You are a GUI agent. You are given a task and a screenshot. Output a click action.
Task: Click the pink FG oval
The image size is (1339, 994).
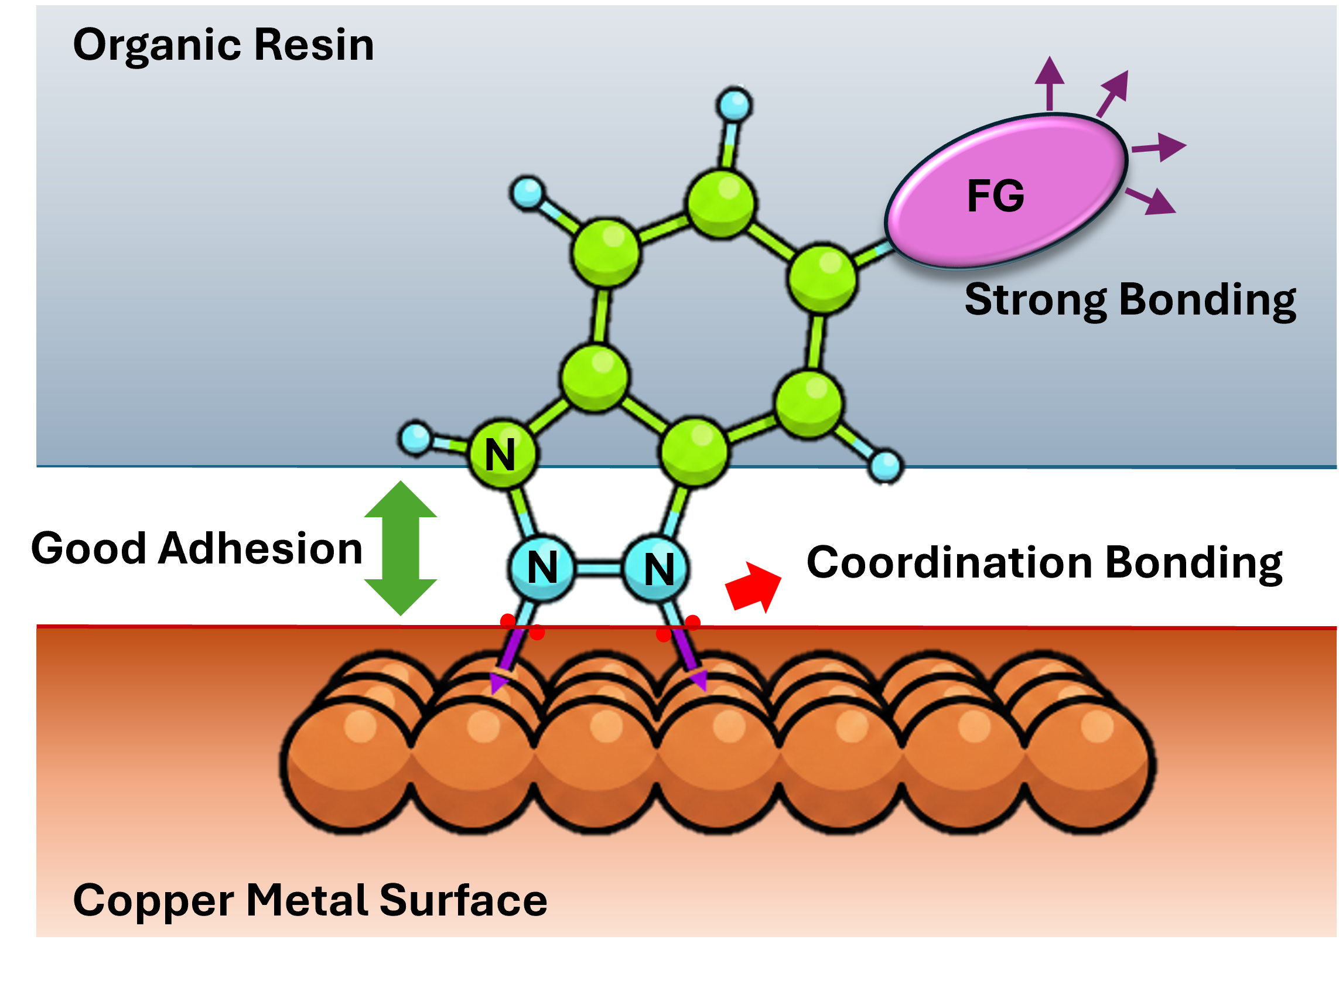pyautogui.click(x=1006, y=191)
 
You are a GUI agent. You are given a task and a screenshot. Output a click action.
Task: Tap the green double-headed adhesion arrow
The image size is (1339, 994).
pyautogui.click(x=401, y=548)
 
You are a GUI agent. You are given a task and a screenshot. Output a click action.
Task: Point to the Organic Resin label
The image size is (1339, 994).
pyautogui.click(x=223, y=46)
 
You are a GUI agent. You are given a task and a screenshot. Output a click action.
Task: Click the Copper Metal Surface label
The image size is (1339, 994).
pyautogui.click(x=310, y=900)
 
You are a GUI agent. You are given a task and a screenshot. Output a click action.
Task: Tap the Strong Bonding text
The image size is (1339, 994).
pyautogui.click(x=1130, y=300)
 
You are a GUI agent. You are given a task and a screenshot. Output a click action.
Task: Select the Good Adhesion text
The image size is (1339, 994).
pyautogui.click(x=197, y=548)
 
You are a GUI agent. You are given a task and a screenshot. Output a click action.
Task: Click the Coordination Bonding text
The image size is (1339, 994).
pyautogui.click(x=1044, y=563)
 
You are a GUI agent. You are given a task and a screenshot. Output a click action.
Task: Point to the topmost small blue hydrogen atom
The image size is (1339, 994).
pyautogui.click(x=735, y=105)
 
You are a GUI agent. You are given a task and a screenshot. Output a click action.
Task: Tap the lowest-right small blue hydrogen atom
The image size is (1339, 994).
pyautogui.click(x=885, y=466)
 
